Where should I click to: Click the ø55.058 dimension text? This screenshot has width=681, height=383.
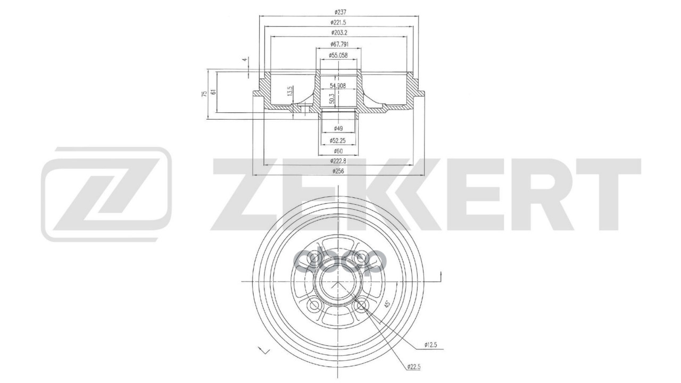(338, 55)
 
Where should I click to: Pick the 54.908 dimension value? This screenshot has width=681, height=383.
(338, 85)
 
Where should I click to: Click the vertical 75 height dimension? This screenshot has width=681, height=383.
(204, 95)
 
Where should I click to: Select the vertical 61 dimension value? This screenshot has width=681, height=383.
(214, 91)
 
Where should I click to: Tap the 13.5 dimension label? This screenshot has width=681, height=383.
(290, 91)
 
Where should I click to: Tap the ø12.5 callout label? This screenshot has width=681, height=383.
(430, 345)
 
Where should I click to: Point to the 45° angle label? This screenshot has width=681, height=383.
(387, 304)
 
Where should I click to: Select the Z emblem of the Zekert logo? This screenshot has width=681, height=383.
(106, 193)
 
